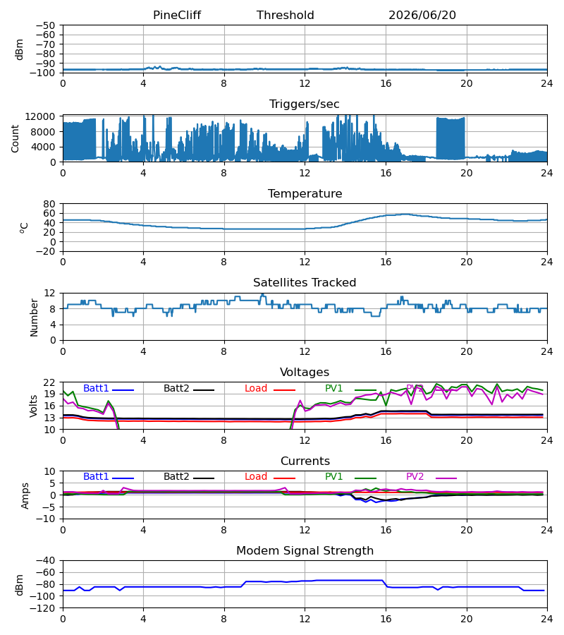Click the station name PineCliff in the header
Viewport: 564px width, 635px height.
click(x=177, y=16)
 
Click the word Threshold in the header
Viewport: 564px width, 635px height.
click(x=286, y=16)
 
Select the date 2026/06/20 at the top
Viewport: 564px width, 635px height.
click(x=422, y=16)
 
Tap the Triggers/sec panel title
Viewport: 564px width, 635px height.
click(x=305, y=104)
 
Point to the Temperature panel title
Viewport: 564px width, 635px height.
click(x=305, y=193)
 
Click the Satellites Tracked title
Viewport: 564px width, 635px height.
click(x=305, y=283)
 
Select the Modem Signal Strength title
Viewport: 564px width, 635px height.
click(x=305, y=551)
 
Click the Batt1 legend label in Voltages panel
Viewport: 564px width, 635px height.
click(x=96, y=388)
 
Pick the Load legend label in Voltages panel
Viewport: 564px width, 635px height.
click(x=256, y=388)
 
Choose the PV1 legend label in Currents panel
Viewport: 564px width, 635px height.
click(x=333, y=477)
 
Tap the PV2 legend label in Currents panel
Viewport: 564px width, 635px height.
click(x=415, y=477)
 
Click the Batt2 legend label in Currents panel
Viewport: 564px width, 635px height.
click(x=176, y=477)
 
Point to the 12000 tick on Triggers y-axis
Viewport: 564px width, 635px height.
click(x=40, y=116)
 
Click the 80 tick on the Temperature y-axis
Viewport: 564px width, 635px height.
click(x=49, y=204)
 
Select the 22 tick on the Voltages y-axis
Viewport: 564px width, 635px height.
click(x=49, y=382)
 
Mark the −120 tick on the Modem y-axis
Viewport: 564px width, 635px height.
click(x=46, y=608)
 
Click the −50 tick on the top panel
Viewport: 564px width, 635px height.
click(x=46, y=25)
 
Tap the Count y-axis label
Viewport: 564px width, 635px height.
click(x=15, y=138)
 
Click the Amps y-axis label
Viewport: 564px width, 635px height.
click(x=25, y=496)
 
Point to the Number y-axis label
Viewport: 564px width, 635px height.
click(x=34, y=318)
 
